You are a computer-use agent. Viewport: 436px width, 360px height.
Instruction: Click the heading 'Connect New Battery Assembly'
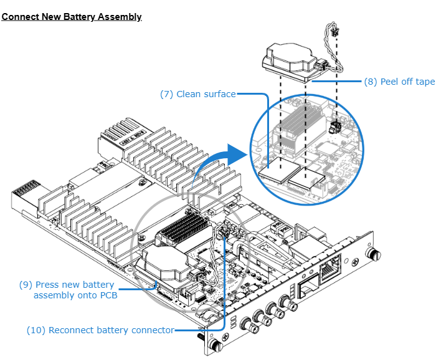[72, 17]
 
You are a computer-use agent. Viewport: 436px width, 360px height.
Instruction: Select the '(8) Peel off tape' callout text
[399, 82]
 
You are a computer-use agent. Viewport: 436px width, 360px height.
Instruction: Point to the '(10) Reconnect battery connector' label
[100, 330]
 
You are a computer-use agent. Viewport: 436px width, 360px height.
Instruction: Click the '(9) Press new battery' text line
[67, 285]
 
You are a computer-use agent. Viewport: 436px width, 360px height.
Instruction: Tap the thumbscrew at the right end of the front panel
[374, 255]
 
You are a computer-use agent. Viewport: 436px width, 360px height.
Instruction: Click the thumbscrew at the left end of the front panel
[215, 344]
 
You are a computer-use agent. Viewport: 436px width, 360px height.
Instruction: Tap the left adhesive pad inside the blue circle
[278, 170]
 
